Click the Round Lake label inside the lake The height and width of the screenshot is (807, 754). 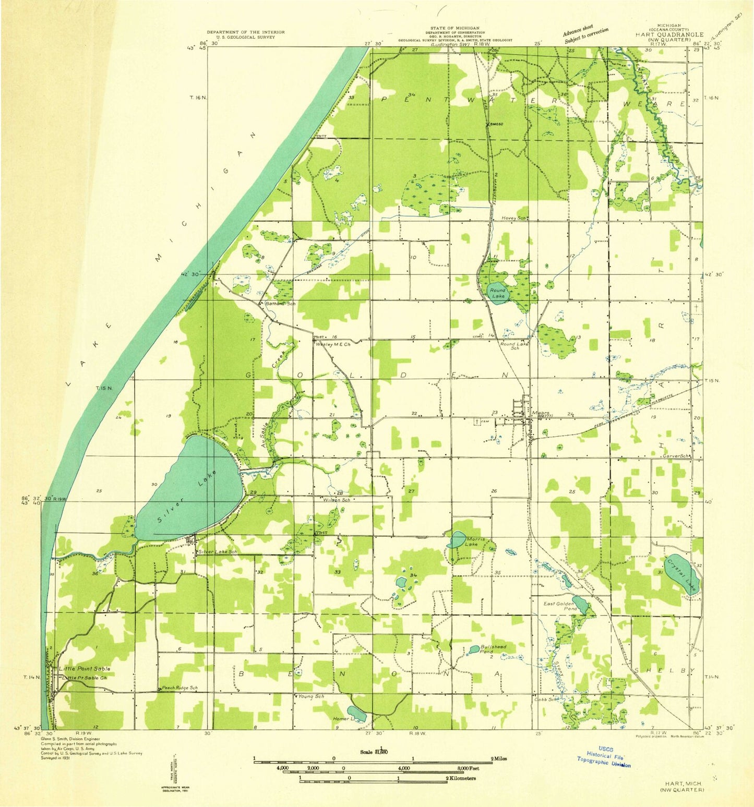[x=497, y=293]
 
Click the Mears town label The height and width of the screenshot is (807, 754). [x=540, y=414]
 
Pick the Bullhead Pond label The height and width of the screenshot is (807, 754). [x=493, y=649]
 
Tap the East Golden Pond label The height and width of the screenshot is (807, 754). [x=560, y=606]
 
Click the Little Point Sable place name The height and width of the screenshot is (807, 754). [x=84, y=668]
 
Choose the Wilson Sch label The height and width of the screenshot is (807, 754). [x=337, y=500]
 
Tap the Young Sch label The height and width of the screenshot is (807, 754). [x=311, y=696]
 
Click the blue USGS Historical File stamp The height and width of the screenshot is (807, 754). [x=604, y=755]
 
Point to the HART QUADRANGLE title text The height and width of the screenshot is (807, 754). [x=669, y=34]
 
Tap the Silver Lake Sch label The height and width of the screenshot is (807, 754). [x=218, y=551]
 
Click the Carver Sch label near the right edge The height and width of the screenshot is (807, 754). [x=677, y=455]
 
